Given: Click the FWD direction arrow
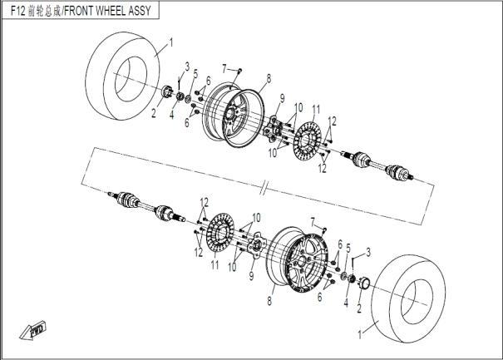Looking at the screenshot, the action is (x=32, y=329).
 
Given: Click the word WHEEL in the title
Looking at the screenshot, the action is (x=110, y=11).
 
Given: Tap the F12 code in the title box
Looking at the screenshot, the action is (x=18, y=11).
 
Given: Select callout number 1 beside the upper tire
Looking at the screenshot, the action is (x=171, y=42).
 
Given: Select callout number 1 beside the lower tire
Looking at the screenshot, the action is (x=360, y=335).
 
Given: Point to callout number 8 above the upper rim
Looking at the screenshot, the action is (x=269, y=78).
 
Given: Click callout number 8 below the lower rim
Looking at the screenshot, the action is (x=269, y=301).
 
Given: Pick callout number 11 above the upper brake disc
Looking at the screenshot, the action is (x=316, y=110).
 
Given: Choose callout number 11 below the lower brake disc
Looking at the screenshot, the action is (x=215, y=264).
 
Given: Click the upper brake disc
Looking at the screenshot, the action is (x=308, y=140).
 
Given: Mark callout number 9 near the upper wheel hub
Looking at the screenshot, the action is (x=282, y=98).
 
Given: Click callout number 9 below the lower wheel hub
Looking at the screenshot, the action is (x=251, y=276).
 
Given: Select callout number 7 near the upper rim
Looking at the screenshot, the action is (x=224, y=69).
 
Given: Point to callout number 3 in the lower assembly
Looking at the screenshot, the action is (x=368, y=252).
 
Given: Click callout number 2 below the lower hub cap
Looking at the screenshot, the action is (x=359, y=308).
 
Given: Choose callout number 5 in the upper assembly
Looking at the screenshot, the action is (x=195, y=73).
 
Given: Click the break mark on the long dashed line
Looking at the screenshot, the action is (x=265, y=188).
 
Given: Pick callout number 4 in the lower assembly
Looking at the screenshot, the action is (x=346, y=303).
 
